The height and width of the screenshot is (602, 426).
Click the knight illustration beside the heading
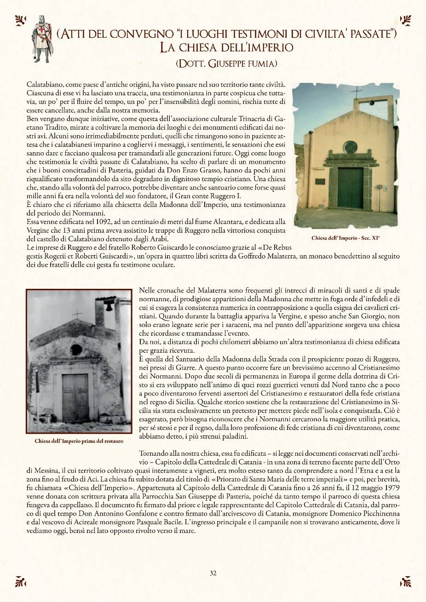tap(42, 39)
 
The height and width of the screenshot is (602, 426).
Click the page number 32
tap(213, 573)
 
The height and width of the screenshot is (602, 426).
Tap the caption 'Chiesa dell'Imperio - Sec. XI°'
tap(345, 238)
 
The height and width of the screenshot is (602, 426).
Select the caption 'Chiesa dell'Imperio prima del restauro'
tap(79, 441)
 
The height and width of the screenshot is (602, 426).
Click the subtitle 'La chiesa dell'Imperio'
tap(226, 47)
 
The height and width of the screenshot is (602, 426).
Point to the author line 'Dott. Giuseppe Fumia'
tap(226, 63)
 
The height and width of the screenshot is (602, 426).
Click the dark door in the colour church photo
tap(350, 188)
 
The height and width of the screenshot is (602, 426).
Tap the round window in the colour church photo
tap(350, 147)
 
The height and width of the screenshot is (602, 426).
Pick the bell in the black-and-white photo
tap(109, 305)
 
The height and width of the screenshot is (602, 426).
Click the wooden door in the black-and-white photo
tap(75, 397)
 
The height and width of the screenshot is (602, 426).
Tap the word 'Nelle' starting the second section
tap(147, 291)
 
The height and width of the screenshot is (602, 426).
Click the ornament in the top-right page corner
tap(405, 20)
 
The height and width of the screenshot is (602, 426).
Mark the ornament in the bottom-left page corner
tap(20, 581)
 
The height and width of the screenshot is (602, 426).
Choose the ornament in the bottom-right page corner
tap(405, 581)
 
